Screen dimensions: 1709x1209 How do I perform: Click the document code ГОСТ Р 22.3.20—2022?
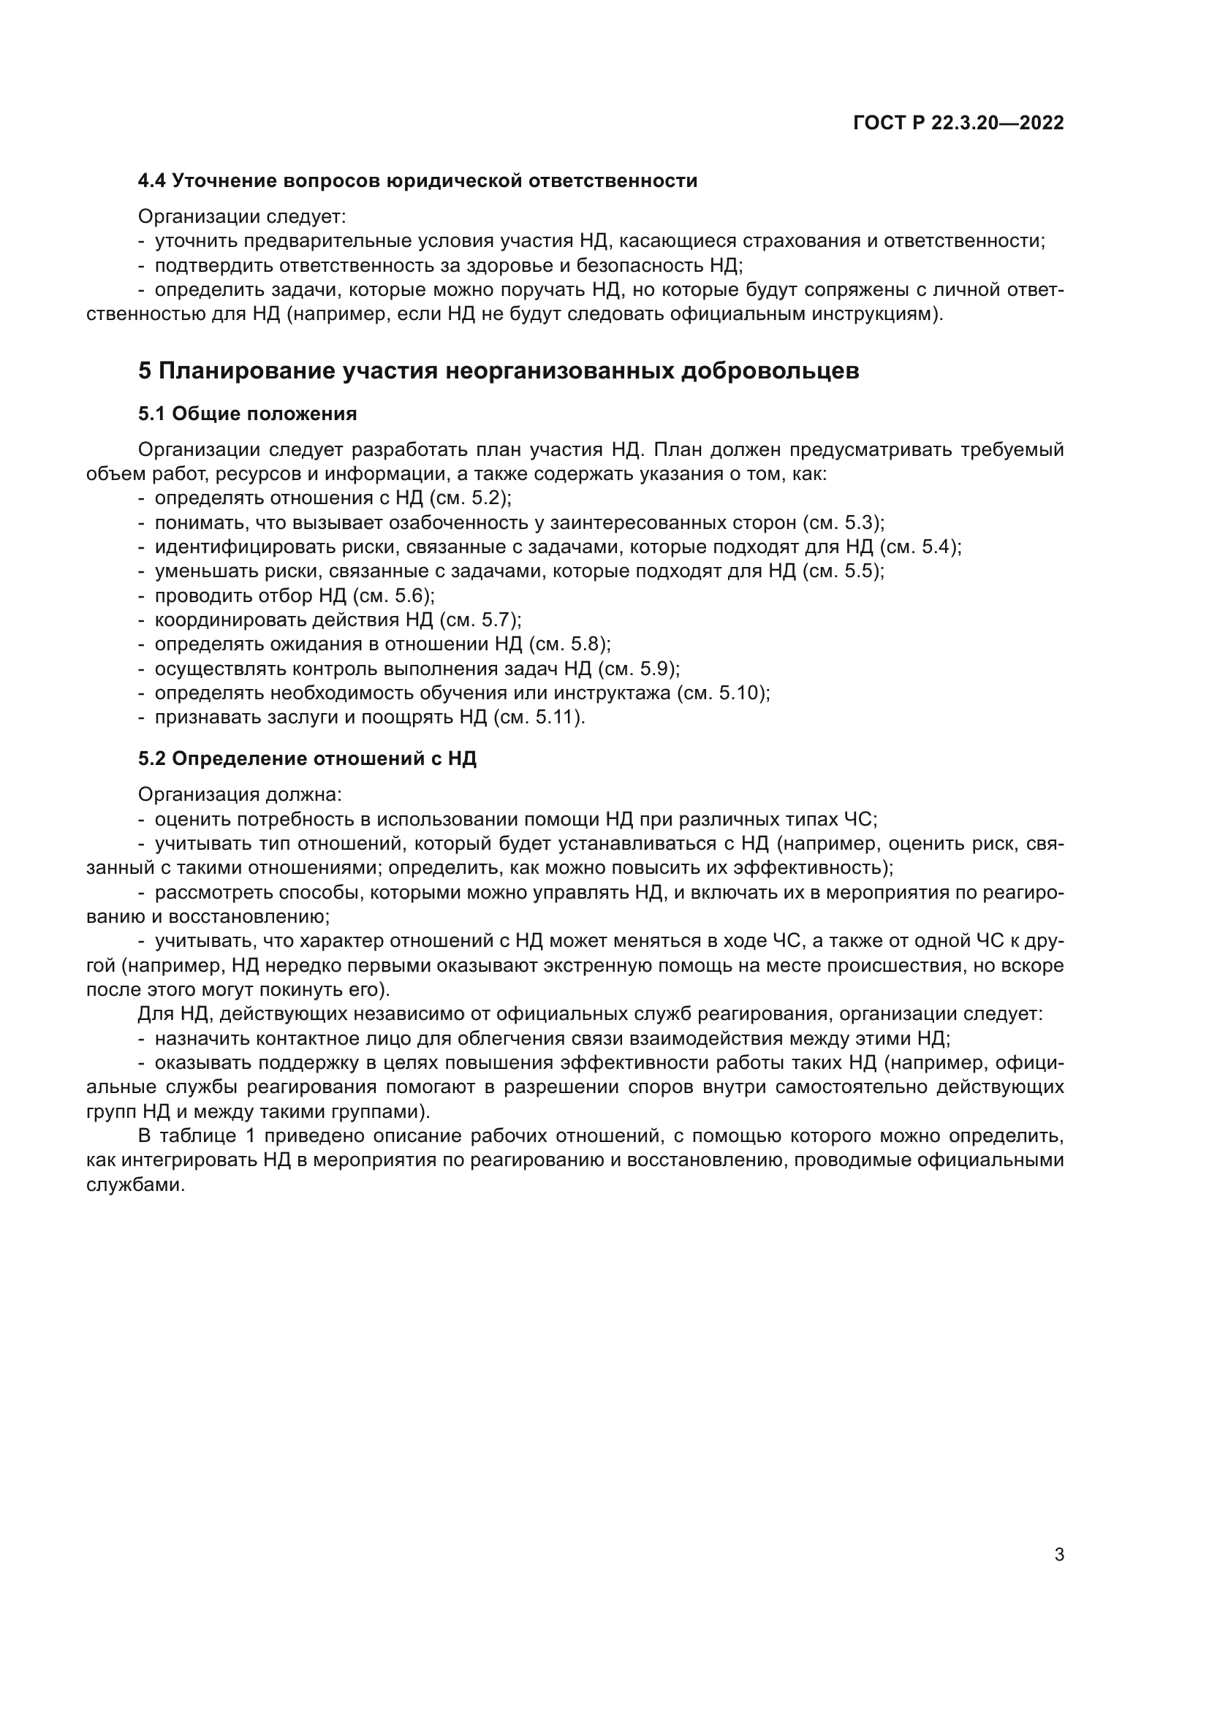(958, 123)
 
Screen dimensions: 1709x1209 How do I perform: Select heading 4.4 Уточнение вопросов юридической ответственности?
(417, 181)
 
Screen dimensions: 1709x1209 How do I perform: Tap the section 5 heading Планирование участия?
(498, 370)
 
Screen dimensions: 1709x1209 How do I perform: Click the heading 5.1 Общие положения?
(247, 414)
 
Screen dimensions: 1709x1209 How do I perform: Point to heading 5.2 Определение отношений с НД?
(307, 758)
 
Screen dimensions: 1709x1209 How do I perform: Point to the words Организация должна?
(240, 794)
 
